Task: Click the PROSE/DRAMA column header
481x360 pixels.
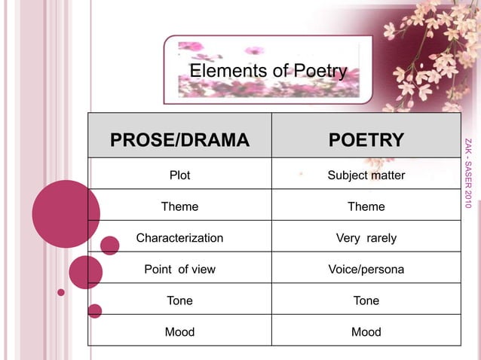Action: (x=179, y=140)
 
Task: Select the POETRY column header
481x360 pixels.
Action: (x=366, y=140)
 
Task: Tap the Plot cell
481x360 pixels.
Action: (x=179, y=175)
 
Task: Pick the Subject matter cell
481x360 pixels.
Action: (x=366, y=175)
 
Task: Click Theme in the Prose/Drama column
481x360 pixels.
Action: (x=179, y=206)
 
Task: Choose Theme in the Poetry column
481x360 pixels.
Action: (x=366, y=206)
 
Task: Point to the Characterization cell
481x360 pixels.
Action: (x=179, y=238)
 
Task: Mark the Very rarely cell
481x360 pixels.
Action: (x=366, y=238)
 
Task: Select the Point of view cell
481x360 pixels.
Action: (x=179, y=269)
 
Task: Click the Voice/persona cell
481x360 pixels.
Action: (x=366, y=269)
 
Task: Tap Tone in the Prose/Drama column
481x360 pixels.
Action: (x=179, y=301)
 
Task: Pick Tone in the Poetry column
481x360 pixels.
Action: (x=366, y=301)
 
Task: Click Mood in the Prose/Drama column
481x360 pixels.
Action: (x=179, y=331)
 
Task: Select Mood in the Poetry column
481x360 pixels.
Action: (x=366, y=331)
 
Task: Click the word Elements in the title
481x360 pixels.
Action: (x=219, y=72)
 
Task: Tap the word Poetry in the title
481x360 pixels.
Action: (x=320, y=72)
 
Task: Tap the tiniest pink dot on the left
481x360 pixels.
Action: (x=61, y=292)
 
